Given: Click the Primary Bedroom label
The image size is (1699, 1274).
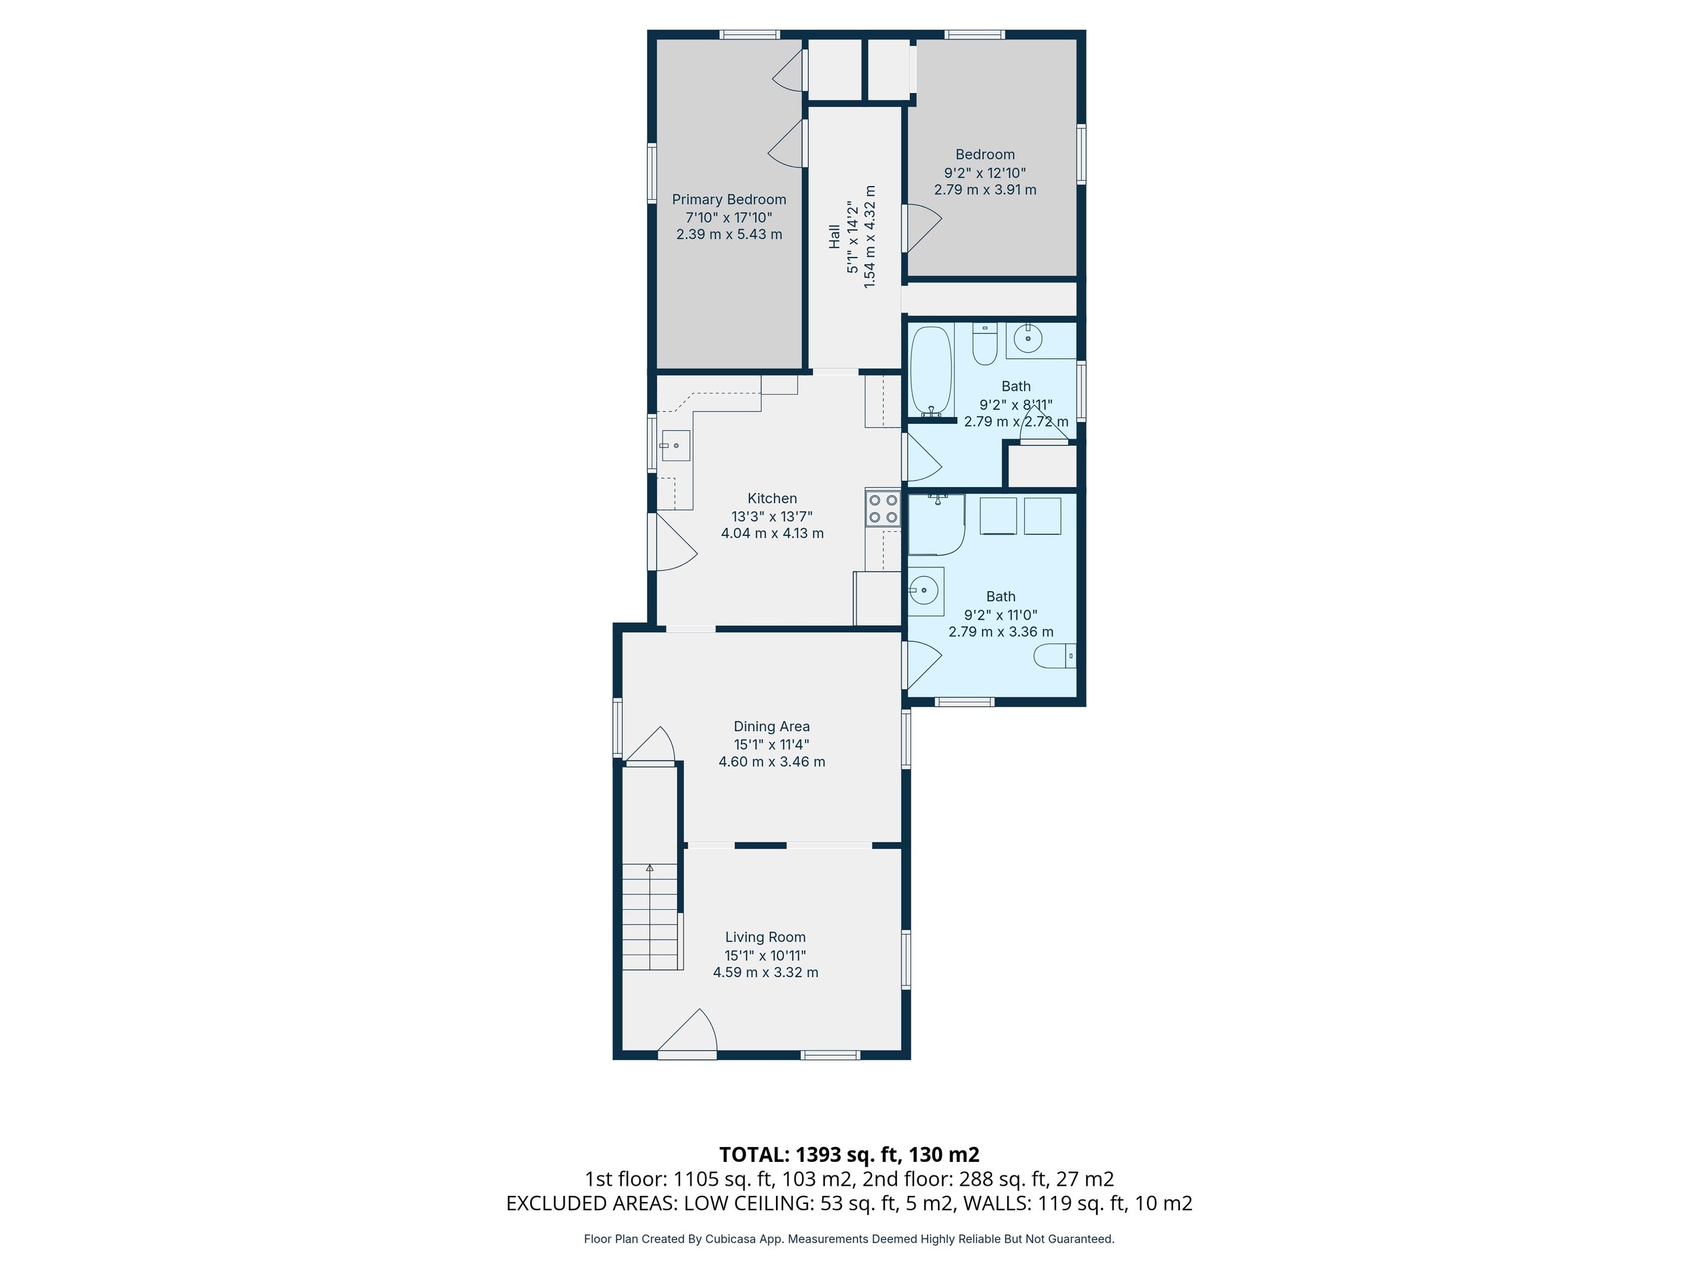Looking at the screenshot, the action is click(729, 200).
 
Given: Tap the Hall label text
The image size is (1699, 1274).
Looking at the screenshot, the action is click(834, 236).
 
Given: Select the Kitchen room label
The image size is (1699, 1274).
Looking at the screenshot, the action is click(772, 498).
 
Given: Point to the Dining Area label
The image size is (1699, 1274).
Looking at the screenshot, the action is click(771, 726).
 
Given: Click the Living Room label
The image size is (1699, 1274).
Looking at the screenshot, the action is click(765, 937).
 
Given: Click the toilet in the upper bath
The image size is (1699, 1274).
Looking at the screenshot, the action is click(984, 343).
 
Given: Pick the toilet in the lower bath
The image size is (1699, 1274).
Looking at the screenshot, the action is click(1055, 656).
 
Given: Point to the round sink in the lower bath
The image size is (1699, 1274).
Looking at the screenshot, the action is click(924, 590).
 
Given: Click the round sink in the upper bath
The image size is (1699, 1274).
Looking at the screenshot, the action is click(1027, 338).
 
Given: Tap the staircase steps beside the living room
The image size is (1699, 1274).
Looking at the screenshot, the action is click(650, 917).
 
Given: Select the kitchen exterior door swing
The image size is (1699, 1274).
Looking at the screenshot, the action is click(673, 542).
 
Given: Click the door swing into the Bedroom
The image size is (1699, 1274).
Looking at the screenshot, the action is click(922, 228).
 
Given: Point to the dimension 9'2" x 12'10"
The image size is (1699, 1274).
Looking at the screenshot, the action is click(985, 173).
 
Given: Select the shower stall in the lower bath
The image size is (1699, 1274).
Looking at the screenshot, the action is click(936, 525).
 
